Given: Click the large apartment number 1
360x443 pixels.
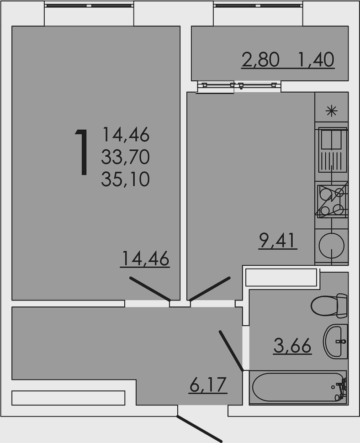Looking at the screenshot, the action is pyautogui.click(x=82, y=152).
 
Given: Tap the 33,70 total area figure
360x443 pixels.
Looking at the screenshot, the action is pyautogui.click(x=126, y=158).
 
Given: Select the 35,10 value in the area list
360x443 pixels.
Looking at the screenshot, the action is pyautogui.click(x=126, y=179).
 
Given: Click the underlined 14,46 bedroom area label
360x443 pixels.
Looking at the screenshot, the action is pyautogui.click(x=145, y=258).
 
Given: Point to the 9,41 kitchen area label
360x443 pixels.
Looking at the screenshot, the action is pyautogui.click(x=277, y=241).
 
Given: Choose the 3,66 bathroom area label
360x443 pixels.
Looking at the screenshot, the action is pyautogui.click(x=292, y=346).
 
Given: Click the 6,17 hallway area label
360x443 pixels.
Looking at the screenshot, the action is pyautogui.click(x=208, y=385).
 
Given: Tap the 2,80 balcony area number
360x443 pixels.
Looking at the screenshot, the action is pyautogui.click(x=260, y=60).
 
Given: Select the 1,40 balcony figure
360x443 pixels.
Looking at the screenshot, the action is pyautogui.click(x=316, y=60).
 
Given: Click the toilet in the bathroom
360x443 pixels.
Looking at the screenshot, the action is pyautogui.click(x=329, y=306).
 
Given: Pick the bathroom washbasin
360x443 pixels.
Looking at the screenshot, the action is pyautogui.click(x=335, y=341).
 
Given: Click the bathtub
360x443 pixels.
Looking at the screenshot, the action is pyautogui.click(x=298, y=387).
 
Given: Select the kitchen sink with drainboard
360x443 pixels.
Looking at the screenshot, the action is pyautogui.click(x=333, y=150).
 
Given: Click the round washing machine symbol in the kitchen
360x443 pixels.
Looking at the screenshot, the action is pyautogui.click(x=332, y=245).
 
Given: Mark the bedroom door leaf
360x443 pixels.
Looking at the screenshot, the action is pyautogui.click(x=150, y=289).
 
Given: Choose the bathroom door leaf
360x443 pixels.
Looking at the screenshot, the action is pyautogui.click(x=231, y=350).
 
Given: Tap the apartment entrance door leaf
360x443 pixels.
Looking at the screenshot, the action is pyautogui.click(x=199, y=429).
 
